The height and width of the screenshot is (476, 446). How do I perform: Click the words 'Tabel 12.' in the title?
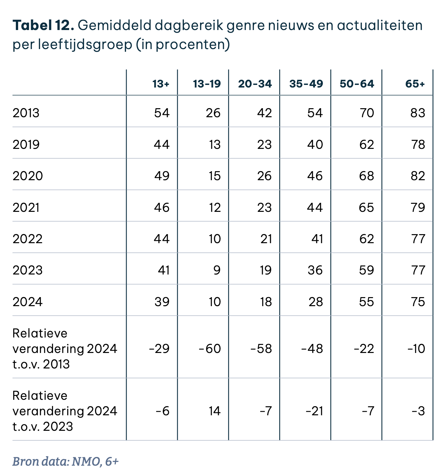(x=43, y=25)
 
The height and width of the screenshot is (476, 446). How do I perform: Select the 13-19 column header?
(x=207, y=84)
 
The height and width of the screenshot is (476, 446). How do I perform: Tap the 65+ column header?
(x=415, y=84)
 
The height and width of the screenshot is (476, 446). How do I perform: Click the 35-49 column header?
(x=306, y=84)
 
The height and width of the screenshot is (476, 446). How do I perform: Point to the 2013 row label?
(x=26, y=113)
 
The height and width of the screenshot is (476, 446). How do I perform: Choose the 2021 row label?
(x=26, y=207)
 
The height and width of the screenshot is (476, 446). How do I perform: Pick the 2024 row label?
(x=27, y=302)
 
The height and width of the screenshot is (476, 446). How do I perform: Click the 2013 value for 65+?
(x=418, y=113)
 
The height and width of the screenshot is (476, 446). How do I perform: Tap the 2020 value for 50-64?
(x=366, y=176)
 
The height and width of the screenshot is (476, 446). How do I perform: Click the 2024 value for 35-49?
(x=315, y=302)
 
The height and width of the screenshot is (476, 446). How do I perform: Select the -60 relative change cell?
(x=210, y=349)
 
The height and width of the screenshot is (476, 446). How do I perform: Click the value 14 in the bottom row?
(x=214, y=411)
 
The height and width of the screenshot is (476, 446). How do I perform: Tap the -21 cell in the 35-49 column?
(x=314, y=411)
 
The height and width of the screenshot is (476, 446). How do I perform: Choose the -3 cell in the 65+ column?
(x=418, y=411)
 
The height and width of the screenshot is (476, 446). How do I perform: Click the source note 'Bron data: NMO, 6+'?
(x=65, y=461)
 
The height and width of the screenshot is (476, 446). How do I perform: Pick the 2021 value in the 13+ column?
(x=162, y=207)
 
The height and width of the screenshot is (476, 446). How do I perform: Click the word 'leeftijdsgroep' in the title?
(x=85, y=45)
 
